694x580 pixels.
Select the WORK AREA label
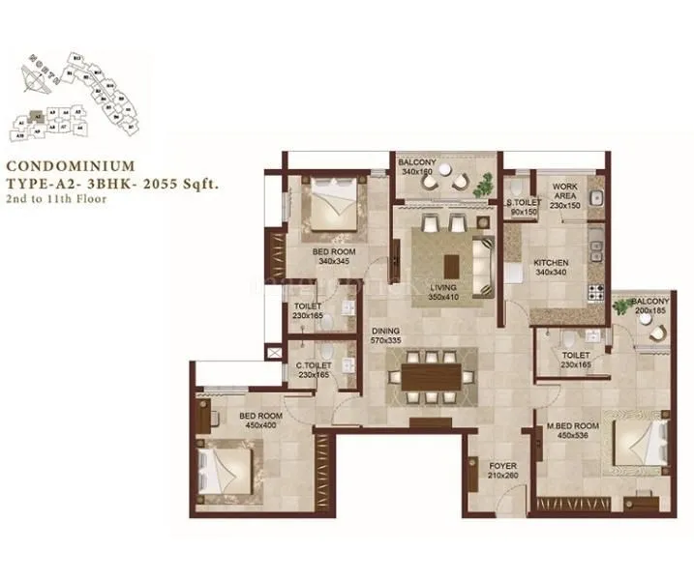tap(564, 191)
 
